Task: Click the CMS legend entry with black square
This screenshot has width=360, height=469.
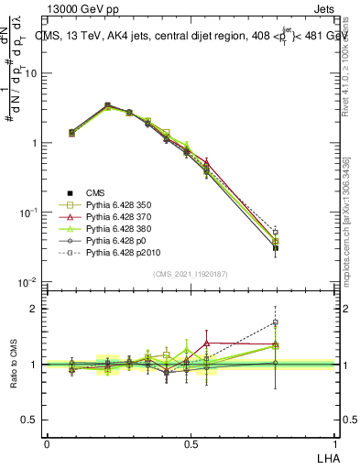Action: coord(96,192)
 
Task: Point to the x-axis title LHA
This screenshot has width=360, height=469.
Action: coord(326,456)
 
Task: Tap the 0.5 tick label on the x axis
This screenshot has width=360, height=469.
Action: coord(191,443)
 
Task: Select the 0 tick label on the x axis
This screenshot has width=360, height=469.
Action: coord(47,443)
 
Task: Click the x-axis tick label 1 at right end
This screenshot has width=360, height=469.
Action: coord(335,443)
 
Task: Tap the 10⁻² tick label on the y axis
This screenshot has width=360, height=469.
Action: coord(27,282)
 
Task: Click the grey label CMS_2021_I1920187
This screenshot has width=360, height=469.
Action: coord(191,273)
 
